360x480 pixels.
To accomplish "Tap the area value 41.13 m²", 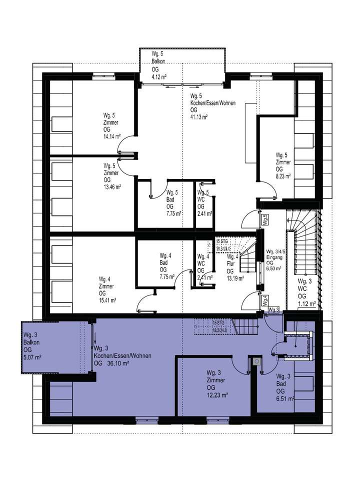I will click(x=198, y=116).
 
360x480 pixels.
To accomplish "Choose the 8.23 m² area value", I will click(x=283, y=176).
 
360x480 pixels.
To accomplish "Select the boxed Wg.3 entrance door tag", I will click(x=273, y=310).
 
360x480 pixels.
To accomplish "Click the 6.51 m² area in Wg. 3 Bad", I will click(x=284, y=398).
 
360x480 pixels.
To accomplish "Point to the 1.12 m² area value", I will click(x=305, y=303).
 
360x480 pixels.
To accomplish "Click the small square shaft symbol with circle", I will click(x=256, y=361).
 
